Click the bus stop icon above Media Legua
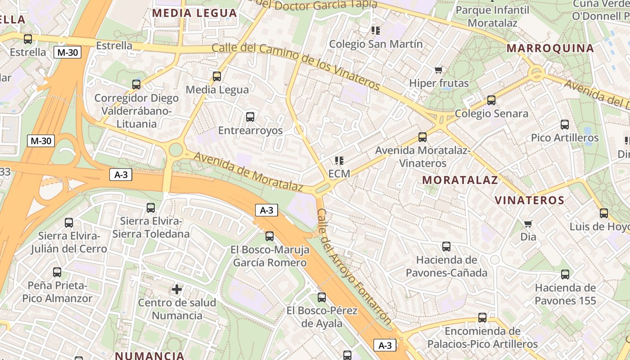click(217, 76)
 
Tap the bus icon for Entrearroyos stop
click(250, 117)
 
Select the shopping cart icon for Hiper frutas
click(439, 70)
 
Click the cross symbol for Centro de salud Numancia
click(177, 289)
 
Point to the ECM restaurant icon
click(339, 161)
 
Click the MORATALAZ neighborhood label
click(460, 180)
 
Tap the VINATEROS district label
click(529, 201)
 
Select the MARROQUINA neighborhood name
click(550, 49)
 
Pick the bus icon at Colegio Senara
click(491, 100)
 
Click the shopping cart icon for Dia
click(528, 224)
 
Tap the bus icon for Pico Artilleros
click(565, 125)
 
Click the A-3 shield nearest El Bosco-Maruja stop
click(266, 210)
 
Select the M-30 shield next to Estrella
click(67, 52)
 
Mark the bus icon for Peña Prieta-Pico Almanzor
click(57, 272)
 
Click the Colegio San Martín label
click(376, 44)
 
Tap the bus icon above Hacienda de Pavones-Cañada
click(446, 247)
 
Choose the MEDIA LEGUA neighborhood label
click(194, 13)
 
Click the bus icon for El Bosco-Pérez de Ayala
click(321, 297)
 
